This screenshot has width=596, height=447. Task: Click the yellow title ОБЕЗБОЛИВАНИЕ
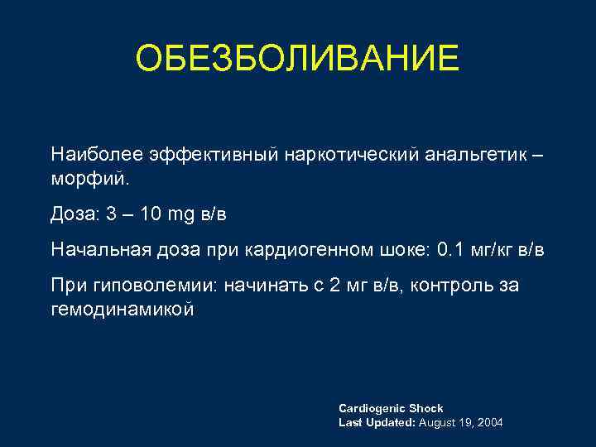click(297, 59)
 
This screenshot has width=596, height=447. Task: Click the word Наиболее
click(96, 155)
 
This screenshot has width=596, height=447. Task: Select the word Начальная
click(95, 249)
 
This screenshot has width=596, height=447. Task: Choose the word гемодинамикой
click(122, 309)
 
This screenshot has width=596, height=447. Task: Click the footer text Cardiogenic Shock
click(391, 408)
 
